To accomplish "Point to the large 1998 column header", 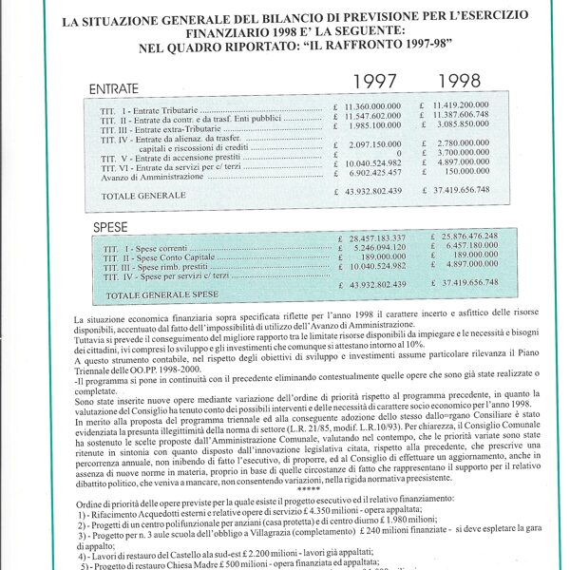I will [460, 82].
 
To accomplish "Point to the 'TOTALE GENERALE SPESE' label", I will [159, 295].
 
